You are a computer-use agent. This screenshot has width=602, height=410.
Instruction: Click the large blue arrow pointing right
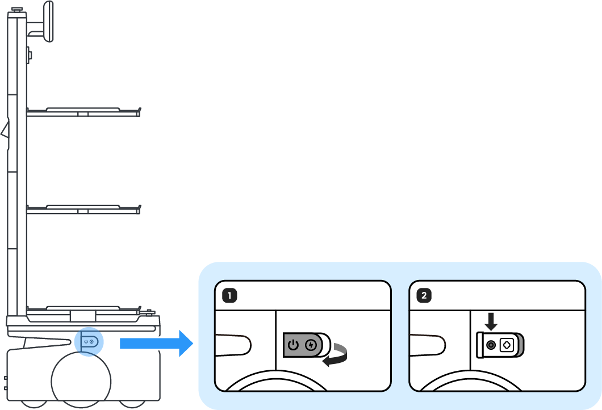click(x=156, y=342)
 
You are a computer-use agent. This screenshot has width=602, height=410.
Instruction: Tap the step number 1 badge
click(x=229, y=295)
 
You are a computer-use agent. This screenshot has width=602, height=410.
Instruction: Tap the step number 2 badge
click(x=424, y=295)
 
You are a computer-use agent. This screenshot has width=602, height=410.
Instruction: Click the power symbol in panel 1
click(x=293, y=345)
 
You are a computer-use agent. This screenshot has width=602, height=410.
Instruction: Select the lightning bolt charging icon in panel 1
click(x=310, y=345)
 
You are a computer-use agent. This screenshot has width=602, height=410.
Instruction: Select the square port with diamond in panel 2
click(x=507, y=345)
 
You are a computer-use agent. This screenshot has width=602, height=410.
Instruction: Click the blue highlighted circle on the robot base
click(x=89, y=342)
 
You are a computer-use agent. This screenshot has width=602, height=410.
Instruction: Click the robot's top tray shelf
click(x=83, y=112)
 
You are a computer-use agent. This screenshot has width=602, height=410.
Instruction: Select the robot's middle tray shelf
click(x=83, y=210)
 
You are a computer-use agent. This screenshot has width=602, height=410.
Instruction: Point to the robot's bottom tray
click(x=83, y=311)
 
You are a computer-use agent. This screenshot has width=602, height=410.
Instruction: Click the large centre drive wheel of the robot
click(x=81, y=378)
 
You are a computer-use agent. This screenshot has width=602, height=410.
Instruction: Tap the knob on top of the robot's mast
click(x=17, y=10)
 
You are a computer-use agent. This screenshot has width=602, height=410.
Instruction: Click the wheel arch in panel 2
click(x=497, y=380)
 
